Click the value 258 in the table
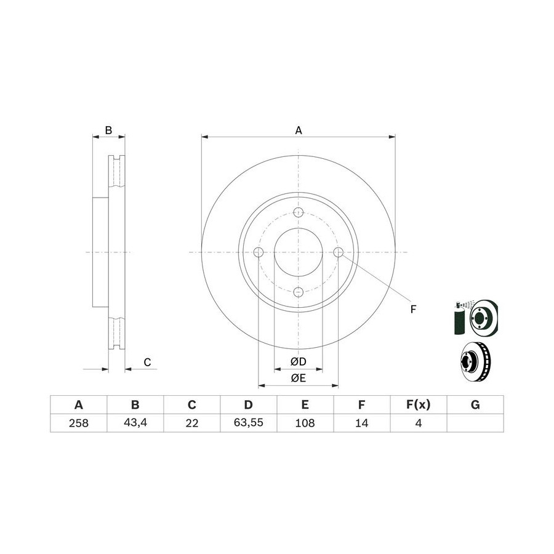pyautogui.click(x=78, y=422)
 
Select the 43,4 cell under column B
pyautogui.click(x=135, y=422)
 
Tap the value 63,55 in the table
pyautogui.click(x=249, y=422)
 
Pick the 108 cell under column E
pyautogui.click(x=305, y=422)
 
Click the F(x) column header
pyautogui.click(x=419, y=404)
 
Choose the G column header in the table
pyautogui.click(x=475, y=404)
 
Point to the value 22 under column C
pyautogui.click(x=192, y=422)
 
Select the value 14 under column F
pyautogui.click(x=362, y=422)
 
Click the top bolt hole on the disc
pyautogui.click(x=299, y=212)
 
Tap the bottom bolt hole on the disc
pyautogui.click(x=299, y=292)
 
